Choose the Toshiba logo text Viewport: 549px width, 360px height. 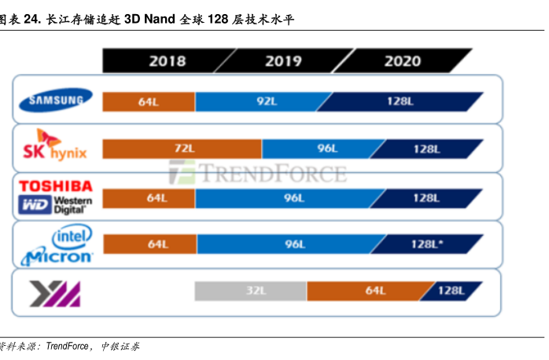pyautogui.click(x=56, y=186)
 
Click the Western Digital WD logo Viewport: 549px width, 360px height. pyautogui.click(x=56, y=206)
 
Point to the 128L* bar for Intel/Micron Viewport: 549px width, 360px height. pyautogui.click(x=425, y=244)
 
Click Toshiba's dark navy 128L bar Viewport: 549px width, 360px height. pyautogui.click(x=425, y=197)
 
